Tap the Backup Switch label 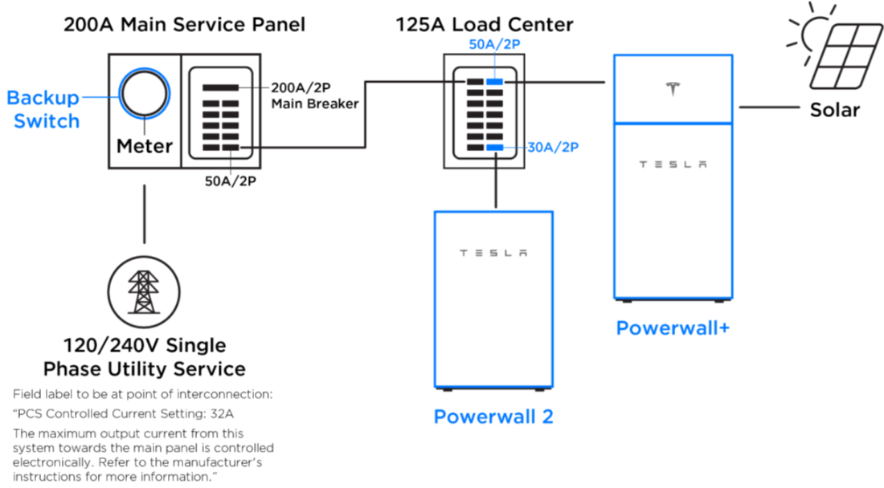43,109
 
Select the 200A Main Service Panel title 184,25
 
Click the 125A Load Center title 485,25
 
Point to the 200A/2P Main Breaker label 314,96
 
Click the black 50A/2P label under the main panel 230,181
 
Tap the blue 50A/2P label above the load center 494,44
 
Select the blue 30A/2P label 553,148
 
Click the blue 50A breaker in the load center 494,82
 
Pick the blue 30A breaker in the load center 494,148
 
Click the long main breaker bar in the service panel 220,87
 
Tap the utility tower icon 144,292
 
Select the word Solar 834,110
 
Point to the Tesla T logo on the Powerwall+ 673,89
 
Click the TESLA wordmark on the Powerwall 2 493,254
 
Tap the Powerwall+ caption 673,327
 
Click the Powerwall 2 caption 493,417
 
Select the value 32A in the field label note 222,413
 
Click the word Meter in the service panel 145,146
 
